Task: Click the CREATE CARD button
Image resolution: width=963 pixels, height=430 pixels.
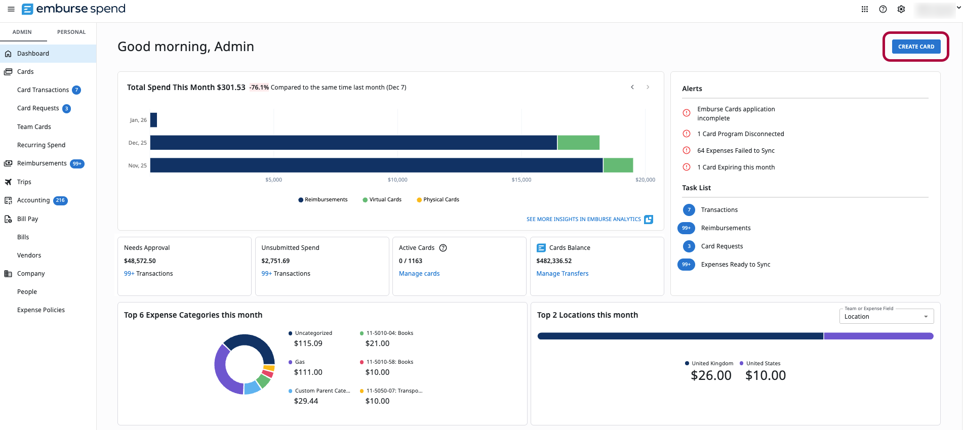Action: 916,47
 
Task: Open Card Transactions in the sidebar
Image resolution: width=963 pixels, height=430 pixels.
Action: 43,90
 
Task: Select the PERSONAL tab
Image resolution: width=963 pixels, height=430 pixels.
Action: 71,32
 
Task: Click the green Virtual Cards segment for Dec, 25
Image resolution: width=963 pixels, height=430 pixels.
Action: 578,143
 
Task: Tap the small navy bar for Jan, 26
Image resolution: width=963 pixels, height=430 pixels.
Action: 154,120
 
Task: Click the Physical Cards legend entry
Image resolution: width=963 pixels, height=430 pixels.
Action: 438,200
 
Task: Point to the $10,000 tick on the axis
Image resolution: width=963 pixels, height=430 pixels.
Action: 397,180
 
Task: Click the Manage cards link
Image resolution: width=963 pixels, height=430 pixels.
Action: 419,274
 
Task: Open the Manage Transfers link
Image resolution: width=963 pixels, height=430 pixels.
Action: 562,274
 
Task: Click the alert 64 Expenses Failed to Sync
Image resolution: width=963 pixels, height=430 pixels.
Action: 736,151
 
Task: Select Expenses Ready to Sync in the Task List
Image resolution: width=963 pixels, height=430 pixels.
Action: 735,265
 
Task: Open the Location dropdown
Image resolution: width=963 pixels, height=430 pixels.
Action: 886,317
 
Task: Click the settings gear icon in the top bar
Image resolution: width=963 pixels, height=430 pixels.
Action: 901,9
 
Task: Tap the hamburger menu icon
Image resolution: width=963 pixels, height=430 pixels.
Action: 11,9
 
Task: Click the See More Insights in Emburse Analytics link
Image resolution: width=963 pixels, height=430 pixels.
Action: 584,220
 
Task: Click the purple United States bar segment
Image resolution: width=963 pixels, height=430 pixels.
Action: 878,336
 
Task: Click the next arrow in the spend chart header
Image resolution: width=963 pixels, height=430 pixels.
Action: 648,87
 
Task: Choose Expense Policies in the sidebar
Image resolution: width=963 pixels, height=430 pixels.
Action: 41,310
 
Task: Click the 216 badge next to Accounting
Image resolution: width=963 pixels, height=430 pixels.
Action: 60,200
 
